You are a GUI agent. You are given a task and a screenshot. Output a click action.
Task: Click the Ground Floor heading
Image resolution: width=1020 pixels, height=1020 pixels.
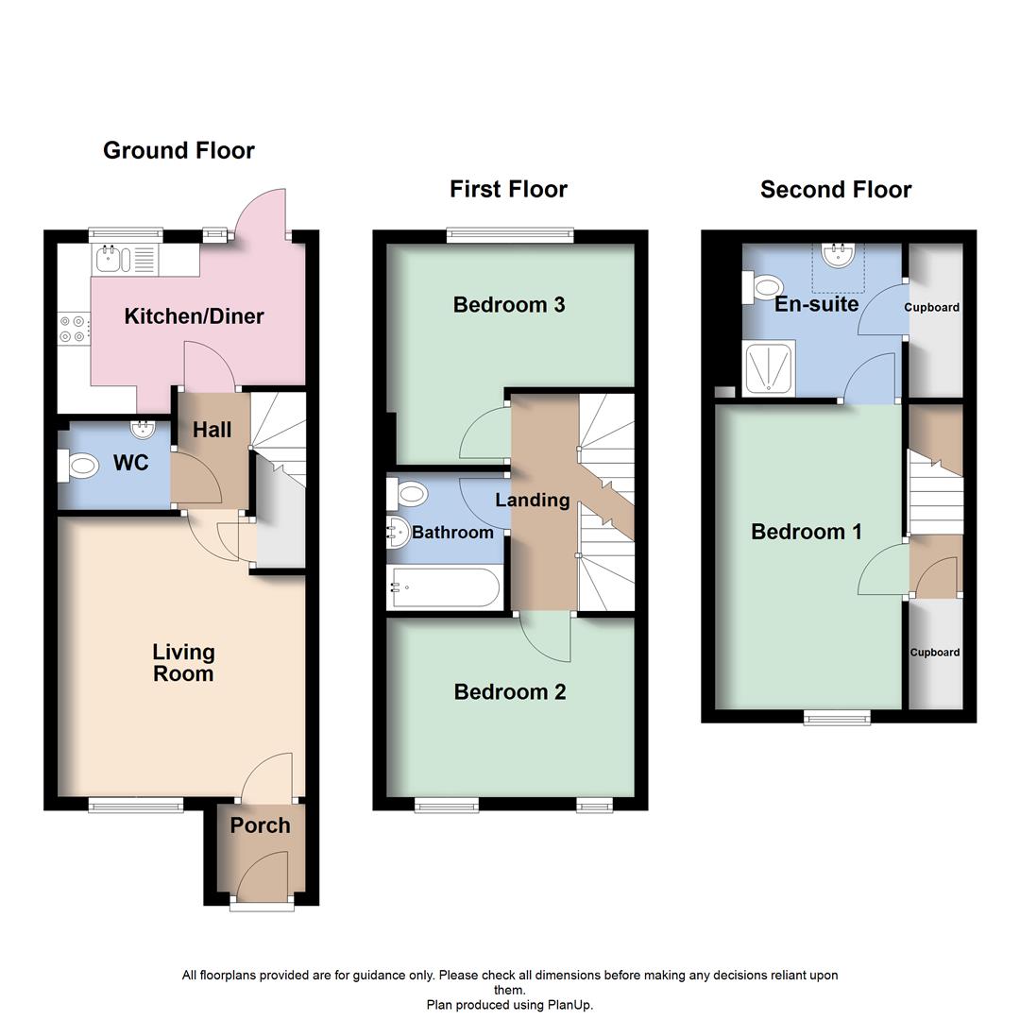(178, 150)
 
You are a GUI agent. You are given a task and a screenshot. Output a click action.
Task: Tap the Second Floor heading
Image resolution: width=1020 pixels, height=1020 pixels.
(835, 189)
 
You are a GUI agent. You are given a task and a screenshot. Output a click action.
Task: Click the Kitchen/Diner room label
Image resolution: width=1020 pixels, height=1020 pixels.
(194, 316)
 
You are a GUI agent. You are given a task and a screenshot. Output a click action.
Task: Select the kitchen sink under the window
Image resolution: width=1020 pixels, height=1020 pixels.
(110, 257)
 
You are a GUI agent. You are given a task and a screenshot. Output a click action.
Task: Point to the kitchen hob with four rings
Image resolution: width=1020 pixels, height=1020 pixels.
(73, 328)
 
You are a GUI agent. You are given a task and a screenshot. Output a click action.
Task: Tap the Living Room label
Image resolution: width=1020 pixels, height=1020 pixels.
(183, 662)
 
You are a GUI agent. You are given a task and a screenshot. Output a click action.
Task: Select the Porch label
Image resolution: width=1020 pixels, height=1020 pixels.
(260, 825)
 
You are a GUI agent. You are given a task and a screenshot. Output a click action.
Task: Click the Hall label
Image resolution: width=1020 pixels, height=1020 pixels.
(212, 430)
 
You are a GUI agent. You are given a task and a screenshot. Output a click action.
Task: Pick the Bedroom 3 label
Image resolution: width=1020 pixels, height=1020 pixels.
(508, 304)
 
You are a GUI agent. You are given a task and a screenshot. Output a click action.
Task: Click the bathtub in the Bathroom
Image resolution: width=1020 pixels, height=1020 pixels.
(443, 588)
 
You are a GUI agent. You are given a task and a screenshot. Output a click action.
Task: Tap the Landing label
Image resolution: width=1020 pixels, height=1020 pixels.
(532, 500)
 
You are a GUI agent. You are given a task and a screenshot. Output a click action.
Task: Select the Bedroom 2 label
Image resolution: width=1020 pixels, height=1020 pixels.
(509, 691)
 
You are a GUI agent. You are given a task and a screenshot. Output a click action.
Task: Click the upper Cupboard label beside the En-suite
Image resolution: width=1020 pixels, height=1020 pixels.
(931, 307)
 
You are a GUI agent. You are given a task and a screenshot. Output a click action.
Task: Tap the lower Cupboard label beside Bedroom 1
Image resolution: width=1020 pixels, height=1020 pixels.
(934, 652)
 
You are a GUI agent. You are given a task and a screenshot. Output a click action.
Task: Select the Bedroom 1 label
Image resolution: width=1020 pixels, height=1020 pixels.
(806, 532)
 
